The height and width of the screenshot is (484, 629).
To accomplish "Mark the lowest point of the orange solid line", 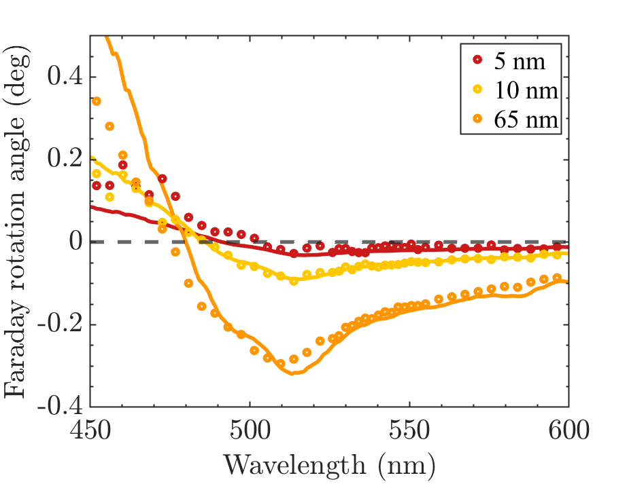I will (x=293, y=374).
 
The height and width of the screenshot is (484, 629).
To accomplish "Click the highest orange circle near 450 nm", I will (x=97, y=101).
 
